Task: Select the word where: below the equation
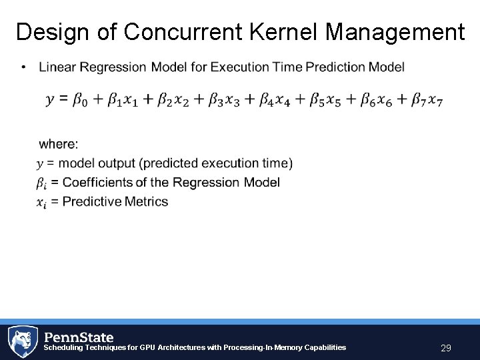58,144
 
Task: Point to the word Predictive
91,201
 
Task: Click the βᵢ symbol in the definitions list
41,183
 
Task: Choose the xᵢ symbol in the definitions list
41,202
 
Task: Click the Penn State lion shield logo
23,341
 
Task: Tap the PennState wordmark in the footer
79,337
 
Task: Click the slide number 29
446,347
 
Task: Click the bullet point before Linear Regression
24,67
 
